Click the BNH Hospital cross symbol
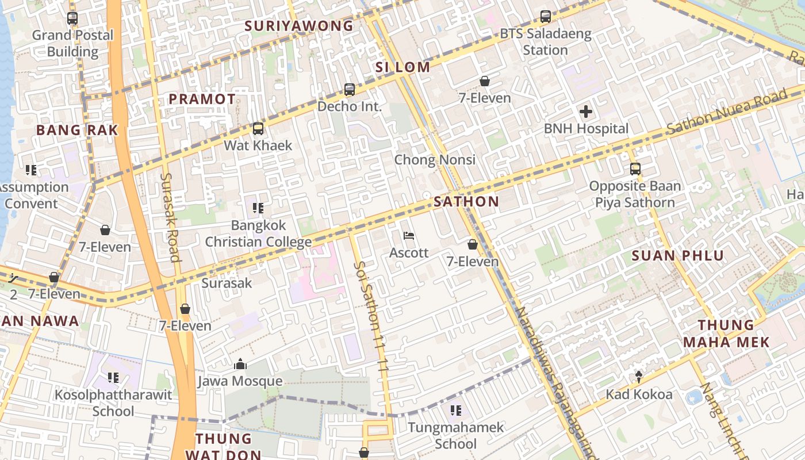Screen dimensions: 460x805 point(586,112)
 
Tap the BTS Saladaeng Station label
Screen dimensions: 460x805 point(545,42)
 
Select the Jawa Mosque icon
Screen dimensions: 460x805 point(240,365)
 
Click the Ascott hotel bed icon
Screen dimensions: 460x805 point(409,236)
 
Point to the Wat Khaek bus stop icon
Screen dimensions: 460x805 point(258,129)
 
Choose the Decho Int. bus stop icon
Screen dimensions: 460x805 point(349,90)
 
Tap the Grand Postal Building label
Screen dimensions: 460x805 point(72,43)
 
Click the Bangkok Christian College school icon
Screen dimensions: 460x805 point(258,208)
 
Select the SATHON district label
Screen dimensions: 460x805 point(466,202)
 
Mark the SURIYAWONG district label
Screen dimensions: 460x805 point(299,26)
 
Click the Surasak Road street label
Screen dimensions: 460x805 point(171,217)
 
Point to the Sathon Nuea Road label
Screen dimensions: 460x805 point(727,113)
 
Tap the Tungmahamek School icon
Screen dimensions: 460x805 point(456,411)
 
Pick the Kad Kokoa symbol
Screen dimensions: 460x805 point(639,377)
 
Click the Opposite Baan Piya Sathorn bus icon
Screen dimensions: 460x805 point(635,169)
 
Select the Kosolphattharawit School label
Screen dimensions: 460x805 point(113,403)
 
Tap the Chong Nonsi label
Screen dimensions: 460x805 point(435,159)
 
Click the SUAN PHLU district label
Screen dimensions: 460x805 point(677,256)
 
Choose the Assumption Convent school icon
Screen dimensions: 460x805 point(31,170)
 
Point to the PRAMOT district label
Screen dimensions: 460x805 point(202,99)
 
